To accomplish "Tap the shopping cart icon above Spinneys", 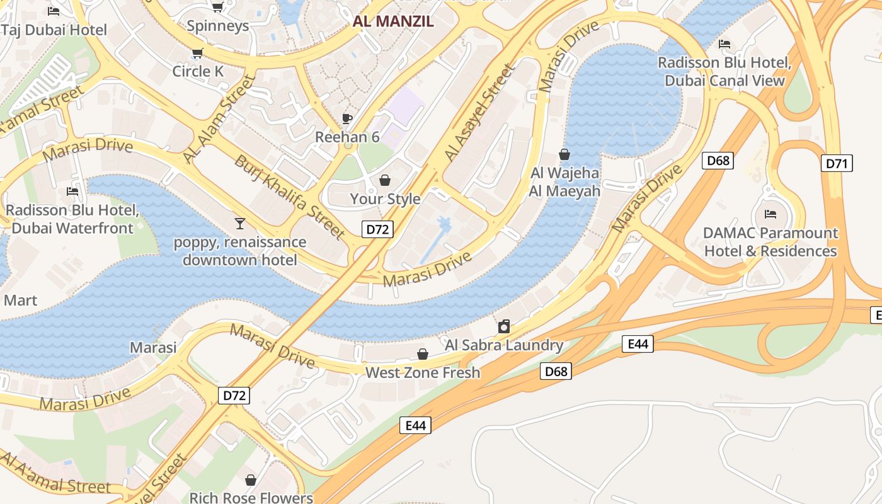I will pyautogui.click(x=217, y=7).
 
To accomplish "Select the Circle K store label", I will pyautogui.click(x=198, y=71).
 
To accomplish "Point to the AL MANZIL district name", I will pyautogui.click(x=393, y=21).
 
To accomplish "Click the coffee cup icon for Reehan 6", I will pyautogui.click(x=346, y=118).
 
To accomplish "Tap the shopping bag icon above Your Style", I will pyautogui.click(x=385, y=181).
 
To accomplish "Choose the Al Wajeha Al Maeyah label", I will pyautogui.click(x=564, y=181).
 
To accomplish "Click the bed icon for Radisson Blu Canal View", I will pyautogui.click(x=724, y=44).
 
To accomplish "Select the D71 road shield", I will pyautogui.click(x=837, y=163).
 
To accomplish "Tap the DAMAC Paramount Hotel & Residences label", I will pyautogui.click(x=770, y=242).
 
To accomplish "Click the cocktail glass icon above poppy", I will pyautogui.click(x=239, y=223).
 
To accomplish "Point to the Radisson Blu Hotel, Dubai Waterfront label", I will pyautogui.click(x=72, y=219).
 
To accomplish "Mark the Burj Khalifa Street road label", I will pyautogui.click(x=290, y=197).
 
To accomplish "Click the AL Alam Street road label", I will pyautogui.click(x=220, y=118).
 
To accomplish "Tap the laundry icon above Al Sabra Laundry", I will pyautogui.click(x=503, y=326).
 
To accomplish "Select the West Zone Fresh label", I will pyautogui.click(x=423, y=372).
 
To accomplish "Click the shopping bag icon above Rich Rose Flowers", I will pyautogui.click(x=251, y=480).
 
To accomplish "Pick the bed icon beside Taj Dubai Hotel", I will pyautogui.click(x=54, y=11).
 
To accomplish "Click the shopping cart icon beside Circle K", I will pyautogui.click(x=198, y=53).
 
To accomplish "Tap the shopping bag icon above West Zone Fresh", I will pyautogui.click(x=423, y=354).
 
